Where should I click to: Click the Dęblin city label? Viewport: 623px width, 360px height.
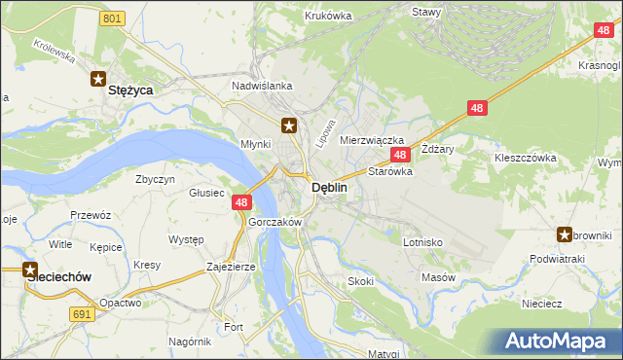(328, 189)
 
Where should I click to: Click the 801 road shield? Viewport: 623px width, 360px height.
(113, 18)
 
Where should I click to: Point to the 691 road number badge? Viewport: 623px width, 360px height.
(83, 313)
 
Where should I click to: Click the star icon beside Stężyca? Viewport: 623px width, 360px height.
(98, 80)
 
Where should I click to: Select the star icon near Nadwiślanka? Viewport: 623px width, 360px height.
(289, 125)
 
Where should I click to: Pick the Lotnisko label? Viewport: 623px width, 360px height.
(422, 241)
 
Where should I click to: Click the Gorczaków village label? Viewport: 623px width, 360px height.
(275, 222)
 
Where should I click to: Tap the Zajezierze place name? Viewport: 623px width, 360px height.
(231, 266)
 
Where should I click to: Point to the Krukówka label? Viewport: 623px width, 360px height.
(327, 16)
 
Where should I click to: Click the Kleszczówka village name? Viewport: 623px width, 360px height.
(525, 157)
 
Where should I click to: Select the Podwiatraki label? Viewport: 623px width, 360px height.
(556, 259)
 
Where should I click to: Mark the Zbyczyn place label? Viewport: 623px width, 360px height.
(156, 179)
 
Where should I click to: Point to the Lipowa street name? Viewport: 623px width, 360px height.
(326, 133)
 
